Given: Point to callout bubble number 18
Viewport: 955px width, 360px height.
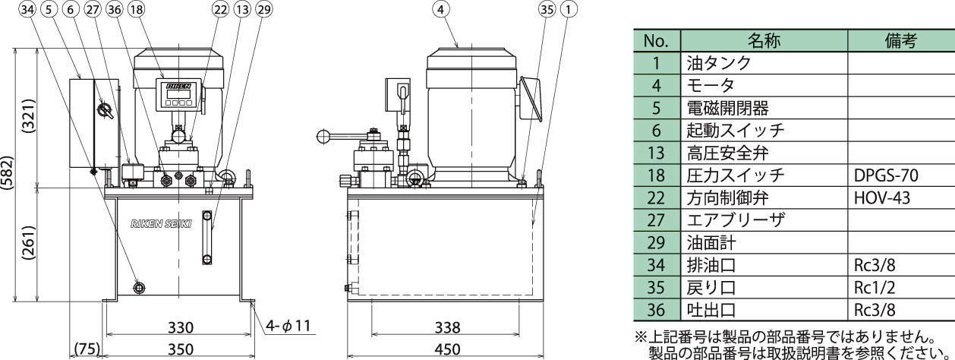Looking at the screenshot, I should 137,10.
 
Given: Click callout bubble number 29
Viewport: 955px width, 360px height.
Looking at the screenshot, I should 263,10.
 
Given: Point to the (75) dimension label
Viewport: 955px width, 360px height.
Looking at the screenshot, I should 86,349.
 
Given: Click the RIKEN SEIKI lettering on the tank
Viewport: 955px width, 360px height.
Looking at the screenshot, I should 161,225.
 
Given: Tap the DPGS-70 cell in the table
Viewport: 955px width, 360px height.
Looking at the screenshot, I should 886,177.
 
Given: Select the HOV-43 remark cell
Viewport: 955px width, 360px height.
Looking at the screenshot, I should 881,198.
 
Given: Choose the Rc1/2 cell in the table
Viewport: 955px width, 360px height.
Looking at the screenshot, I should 875,288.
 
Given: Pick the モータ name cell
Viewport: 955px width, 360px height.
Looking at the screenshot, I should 714,87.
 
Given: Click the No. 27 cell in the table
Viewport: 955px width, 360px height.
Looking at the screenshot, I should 657,221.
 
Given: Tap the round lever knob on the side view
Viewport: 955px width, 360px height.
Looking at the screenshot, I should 324,137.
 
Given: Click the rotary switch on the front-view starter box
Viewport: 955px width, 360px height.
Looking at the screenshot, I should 105,111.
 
